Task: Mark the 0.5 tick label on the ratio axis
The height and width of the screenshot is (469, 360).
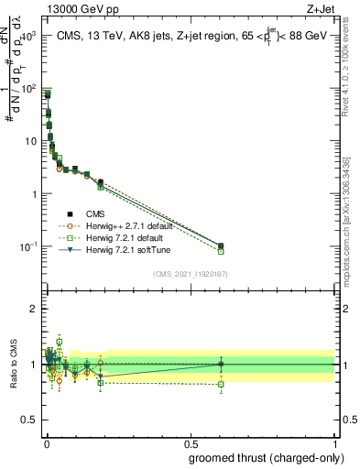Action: [30, 420]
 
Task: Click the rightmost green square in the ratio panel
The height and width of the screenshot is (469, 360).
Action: [221, 384]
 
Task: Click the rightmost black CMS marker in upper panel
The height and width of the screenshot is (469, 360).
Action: [221, 245]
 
